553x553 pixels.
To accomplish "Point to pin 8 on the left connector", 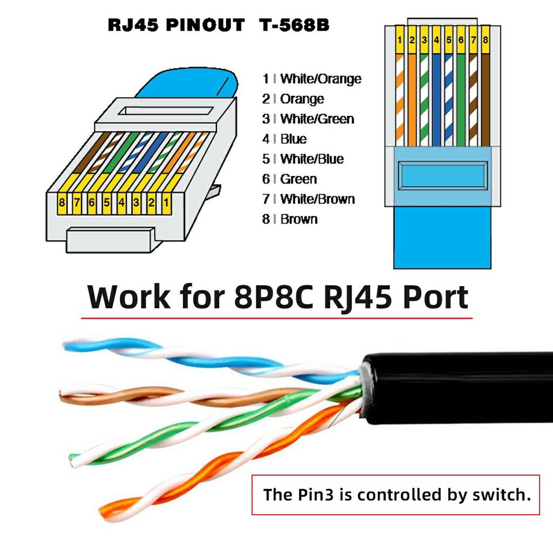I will coord(63,204).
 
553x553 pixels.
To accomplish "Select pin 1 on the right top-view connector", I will coord(399,40).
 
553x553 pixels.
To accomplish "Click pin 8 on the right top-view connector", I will coord(485,40).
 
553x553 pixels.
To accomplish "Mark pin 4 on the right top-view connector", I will coord(436,40).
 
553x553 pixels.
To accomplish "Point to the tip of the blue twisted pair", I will coord(68,345).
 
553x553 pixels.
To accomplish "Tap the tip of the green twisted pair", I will coord(73,460).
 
